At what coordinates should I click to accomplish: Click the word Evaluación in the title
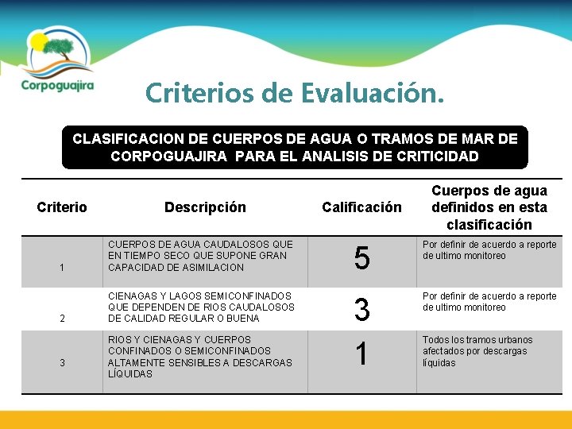click(x=373, y=94)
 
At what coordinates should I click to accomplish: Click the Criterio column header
click(x=62, y=207)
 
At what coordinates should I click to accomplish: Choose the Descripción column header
click(x=205, y=207)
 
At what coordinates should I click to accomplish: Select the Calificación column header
click(x=361, y=207)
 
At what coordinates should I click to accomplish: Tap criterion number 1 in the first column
click(x=62, y=268)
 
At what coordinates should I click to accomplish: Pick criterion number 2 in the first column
click(x=62, y=319)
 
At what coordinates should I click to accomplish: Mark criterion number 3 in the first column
click(x=62, y=363)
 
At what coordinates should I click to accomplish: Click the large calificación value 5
click(x=361, y=259)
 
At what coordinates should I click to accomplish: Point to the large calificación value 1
click(x=361, y=354)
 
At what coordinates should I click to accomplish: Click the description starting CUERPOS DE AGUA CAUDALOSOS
click(x=200, y=256)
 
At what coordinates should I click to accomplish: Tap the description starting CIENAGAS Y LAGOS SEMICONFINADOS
click(x=200, y=307)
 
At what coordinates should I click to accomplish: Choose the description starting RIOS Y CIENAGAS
click(x=200, y=357)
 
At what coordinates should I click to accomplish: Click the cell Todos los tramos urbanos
click(x=477, y=351)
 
